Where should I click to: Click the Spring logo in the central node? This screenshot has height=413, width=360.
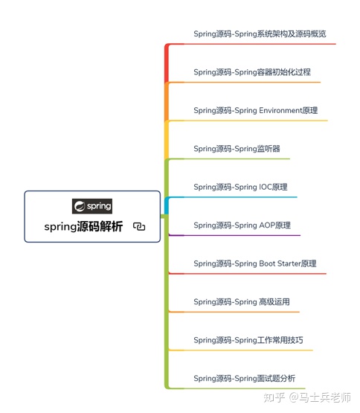point(92,205)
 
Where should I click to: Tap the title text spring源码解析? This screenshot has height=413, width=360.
point(83,227)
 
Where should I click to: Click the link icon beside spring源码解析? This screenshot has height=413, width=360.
point(139,227)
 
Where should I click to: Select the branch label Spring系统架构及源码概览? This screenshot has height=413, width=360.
point(260,34)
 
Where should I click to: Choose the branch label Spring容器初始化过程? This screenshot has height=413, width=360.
point(252,72)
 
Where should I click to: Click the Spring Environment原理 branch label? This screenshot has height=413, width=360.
point(255,111)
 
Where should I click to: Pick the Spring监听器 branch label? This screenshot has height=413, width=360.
point(237,149)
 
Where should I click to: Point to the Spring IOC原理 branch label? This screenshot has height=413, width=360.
point(240,188)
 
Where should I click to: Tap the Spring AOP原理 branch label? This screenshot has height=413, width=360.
point(242,225)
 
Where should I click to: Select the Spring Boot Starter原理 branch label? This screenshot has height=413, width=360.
point(254,263)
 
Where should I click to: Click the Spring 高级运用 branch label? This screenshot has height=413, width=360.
point(241,302)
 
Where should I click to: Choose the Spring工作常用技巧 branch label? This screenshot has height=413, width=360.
point(248,340)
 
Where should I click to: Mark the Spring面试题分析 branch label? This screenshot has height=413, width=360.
point(244,379)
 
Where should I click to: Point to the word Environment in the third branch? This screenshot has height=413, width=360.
point(280,111)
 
